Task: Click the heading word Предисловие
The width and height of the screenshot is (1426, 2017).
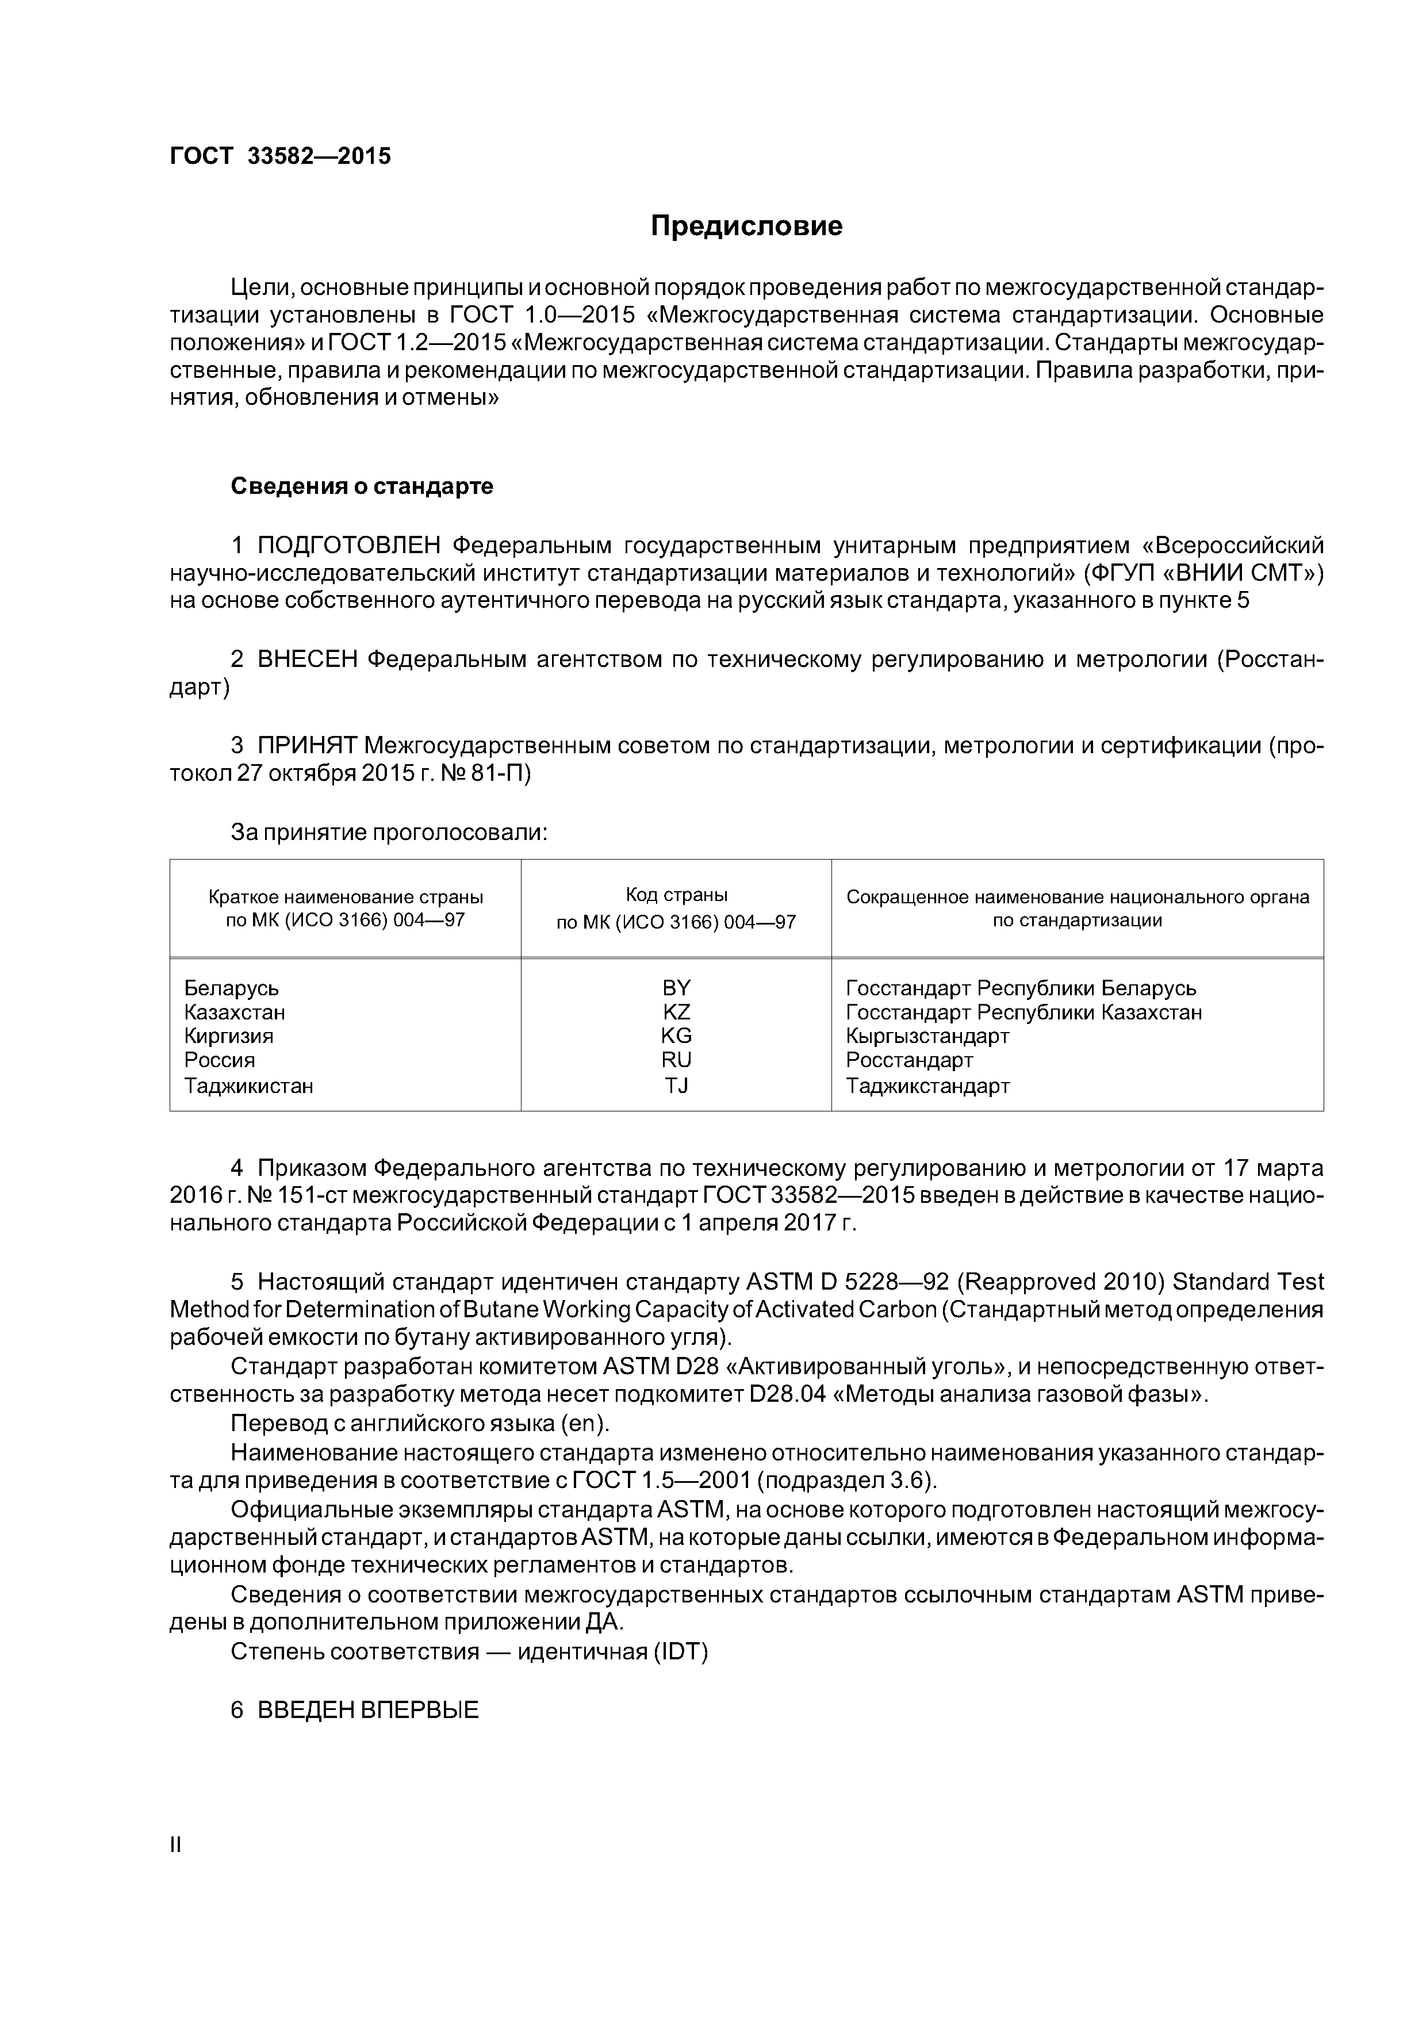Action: pos(746,227)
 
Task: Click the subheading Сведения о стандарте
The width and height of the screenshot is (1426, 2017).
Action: pos(362,486)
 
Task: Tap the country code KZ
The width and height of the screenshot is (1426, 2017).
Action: pos(677,1012)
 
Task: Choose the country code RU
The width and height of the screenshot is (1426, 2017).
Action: pos(677,1060)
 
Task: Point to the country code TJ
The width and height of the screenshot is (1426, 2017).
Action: pos(677,1086)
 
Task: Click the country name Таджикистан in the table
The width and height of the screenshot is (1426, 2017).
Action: pos(248,1086)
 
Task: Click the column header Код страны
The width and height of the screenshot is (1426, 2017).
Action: pos(677,895)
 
